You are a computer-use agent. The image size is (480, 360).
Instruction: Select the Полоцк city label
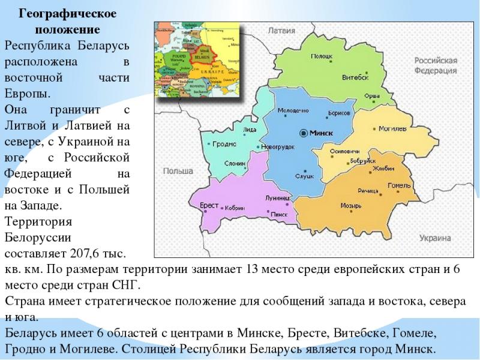tap(322, 56)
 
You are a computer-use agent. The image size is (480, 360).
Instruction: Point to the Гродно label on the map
tap(226, 145)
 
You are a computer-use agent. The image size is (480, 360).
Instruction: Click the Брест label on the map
tap(208, 205)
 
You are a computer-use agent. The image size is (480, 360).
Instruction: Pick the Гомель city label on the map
tap(398, 185)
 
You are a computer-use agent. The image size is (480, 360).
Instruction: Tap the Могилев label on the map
tap(392, 128)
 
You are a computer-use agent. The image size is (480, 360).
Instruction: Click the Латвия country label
tap(281, 29)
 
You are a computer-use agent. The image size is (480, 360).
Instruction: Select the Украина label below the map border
tap(435, 238)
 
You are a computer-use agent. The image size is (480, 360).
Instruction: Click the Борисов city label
tap(339, 113)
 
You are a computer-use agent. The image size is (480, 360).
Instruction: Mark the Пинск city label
tap(280, 214)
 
